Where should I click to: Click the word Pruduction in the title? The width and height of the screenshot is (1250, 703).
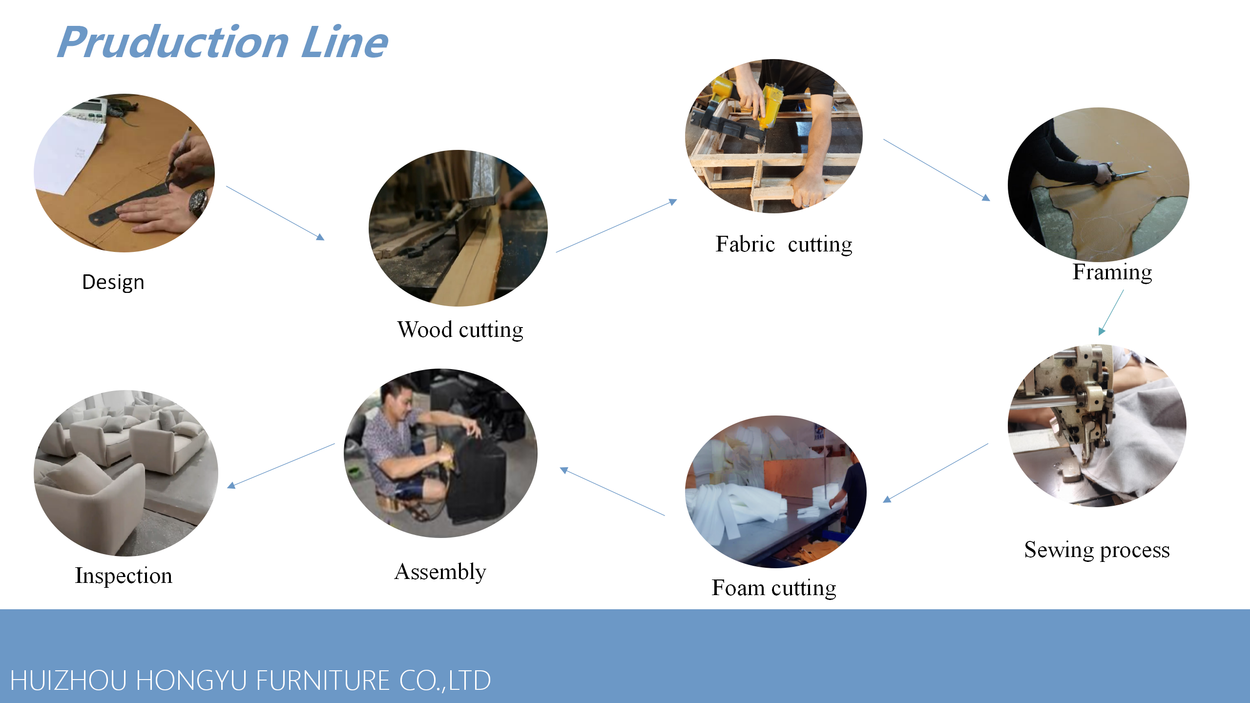coord(173,42)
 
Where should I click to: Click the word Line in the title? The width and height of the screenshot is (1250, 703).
coord(345,42)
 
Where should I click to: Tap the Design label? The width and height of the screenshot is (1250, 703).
coord(113,283)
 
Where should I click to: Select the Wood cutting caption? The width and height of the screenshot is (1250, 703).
coord(460,330)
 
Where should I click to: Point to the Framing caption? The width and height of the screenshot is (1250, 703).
coord(1112,272)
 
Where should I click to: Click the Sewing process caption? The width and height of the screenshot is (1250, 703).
coord(1097,550)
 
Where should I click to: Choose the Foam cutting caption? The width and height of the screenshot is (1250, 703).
coord(774,588)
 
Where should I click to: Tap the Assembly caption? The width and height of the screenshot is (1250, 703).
coord(440,572)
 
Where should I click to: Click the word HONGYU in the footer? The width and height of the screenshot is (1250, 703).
coord(190,681)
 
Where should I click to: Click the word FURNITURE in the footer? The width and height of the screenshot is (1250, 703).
coord(322,681)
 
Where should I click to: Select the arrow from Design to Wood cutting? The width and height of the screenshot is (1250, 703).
coord(275,213)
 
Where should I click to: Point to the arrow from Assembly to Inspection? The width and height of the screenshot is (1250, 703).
coord(281,466)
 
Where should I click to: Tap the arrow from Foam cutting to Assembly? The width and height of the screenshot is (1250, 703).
coord(612,491)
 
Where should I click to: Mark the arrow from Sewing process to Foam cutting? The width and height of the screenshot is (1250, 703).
coord(936,473)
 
